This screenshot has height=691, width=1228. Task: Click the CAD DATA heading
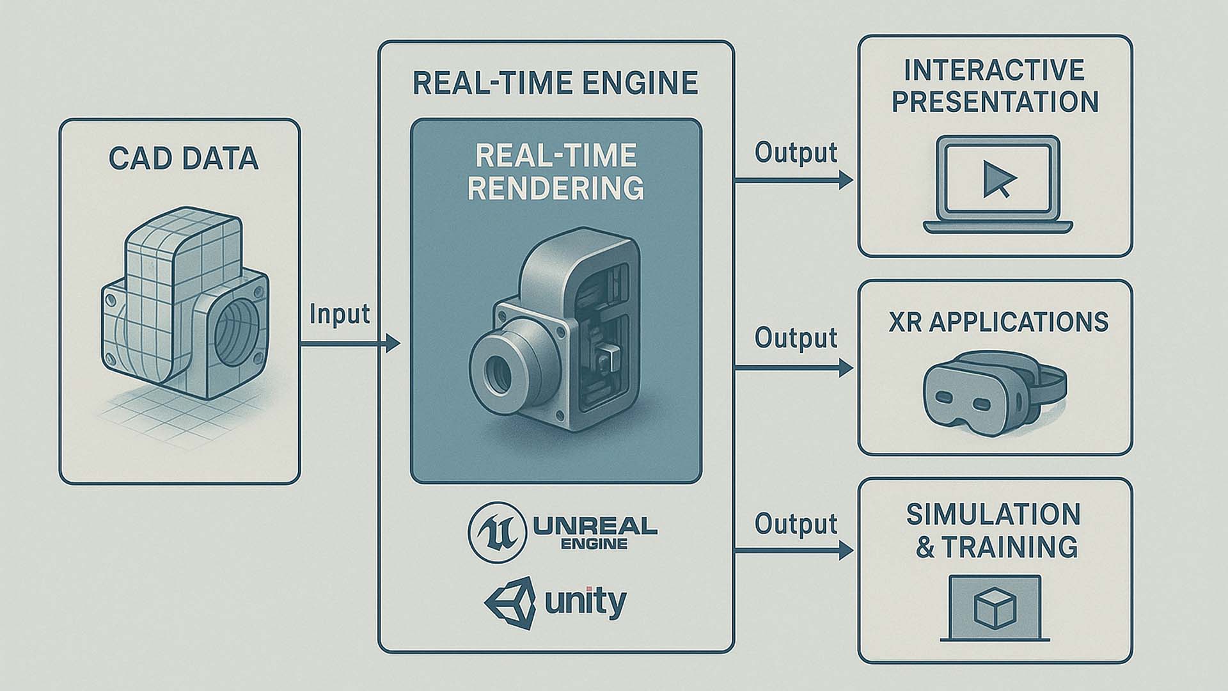tap(184, 159)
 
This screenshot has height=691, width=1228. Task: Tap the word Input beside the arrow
tap(340, 314)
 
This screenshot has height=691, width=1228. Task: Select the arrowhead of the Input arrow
tap(392, 344)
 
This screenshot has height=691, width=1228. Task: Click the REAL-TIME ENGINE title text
tap(555, 84)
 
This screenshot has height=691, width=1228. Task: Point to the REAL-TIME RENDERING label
tap(555, 171)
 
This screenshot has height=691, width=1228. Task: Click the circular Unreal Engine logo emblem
tap(497, 532)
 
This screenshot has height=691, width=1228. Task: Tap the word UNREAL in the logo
tap(595, 526)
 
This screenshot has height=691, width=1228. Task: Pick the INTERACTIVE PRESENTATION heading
tap(995, 86)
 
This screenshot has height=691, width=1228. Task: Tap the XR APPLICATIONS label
tap(998, 322)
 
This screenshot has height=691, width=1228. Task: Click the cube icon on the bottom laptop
tap(995, 607)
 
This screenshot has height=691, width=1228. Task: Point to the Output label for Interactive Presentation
tap(796, 153)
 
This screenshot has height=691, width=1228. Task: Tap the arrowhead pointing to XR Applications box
tap(846, 368)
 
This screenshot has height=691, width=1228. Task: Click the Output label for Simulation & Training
tap(796, 524)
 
